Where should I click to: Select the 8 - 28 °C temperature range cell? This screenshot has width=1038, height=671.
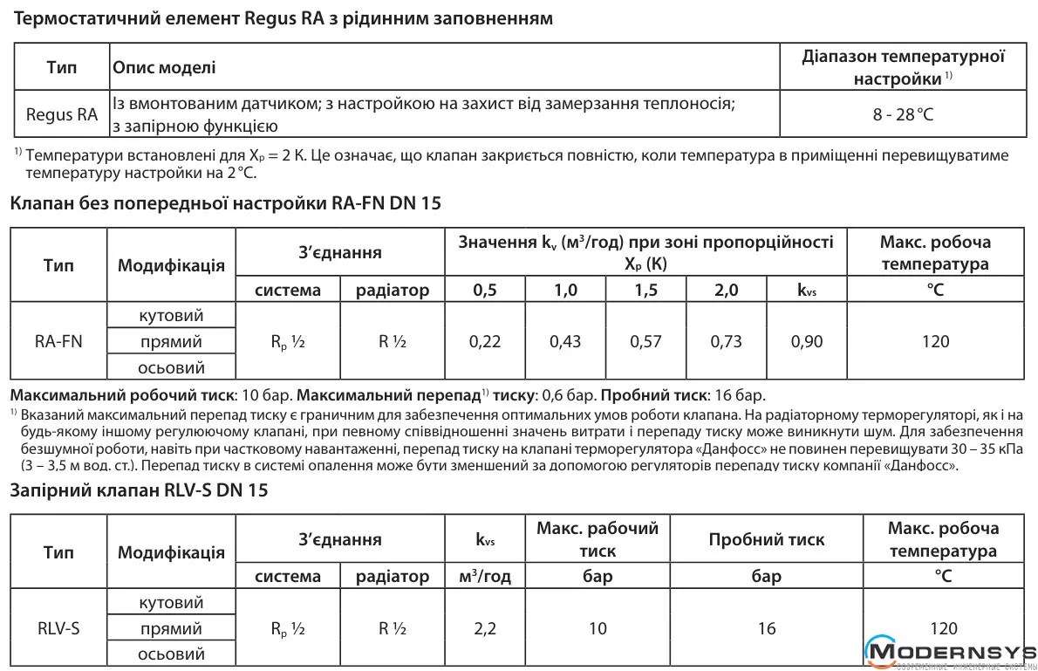point(903,114)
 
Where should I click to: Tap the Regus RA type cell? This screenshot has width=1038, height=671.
point(62,114)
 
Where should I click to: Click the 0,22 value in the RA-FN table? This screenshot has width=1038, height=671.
point(485,341)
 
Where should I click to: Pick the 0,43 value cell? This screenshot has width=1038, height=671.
point(565,341)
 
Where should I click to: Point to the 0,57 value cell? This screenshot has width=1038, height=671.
point(645,341)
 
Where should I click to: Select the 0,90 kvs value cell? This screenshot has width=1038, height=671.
point(807,341)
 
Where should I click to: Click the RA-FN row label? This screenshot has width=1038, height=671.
point(58,341)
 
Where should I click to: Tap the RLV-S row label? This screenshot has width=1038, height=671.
point(58,628)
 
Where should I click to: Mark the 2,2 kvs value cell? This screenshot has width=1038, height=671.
point(485,628)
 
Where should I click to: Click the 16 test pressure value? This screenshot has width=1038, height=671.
point(766,628)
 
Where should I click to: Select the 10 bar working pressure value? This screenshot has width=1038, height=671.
point(598,628)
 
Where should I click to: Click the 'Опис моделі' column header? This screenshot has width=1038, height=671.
point(164,67)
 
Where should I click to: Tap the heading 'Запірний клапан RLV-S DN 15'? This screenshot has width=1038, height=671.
point(139,490)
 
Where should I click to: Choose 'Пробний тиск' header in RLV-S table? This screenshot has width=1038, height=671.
point(766,539)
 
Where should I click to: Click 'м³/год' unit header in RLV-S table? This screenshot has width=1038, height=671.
point(485,577)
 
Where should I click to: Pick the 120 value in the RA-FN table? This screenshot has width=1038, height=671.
point(935,341)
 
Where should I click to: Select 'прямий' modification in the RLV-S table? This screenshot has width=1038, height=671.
point(171,628)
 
